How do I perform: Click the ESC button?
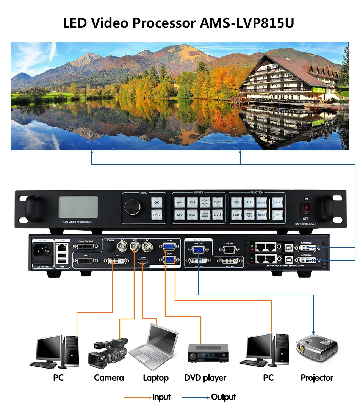[156, 215]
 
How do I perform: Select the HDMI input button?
[192, 215]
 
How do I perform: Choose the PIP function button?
[249, 203]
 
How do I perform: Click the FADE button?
[278, 203]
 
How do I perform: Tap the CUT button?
[278, 215]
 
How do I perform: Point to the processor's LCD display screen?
[78, 207]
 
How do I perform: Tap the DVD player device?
[208, 353]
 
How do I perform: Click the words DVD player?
[205, 378]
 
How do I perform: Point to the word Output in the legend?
[223, 397]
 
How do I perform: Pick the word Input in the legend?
[161, 397]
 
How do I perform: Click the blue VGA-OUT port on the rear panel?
[198, 250]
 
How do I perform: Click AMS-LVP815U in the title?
[247, 23]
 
